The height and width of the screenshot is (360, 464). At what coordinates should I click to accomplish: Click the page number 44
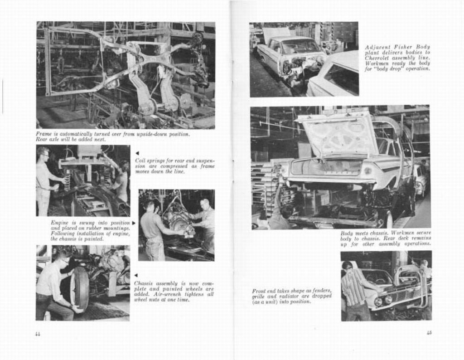(38, 334)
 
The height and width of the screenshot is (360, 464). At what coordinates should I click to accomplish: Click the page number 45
(429, 332)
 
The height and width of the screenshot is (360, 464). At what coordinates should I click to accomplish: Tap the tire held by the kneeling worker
(80, 288)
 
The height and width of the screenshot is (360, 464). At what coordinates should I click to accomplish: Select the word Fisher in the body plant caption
(403, 47)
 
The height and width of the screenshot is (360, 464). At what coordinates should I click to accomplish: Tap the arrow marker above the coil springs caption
(137, 153)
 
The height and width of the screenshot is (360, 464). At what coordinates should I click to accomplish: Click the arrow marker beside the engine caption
(134, 223)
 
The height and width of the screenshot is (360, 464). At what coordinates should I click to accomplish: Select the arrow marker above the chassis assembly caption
(136, 275)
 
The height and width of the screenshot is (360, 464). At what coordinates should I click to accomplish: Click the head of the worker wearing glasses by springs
(43, 153)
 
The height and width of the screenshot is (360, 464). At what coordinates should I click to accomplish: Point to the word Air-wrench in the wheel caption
(166, 294)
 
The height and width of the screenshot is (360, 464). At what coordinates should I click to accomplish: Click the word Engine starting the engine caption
(59, 223)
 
